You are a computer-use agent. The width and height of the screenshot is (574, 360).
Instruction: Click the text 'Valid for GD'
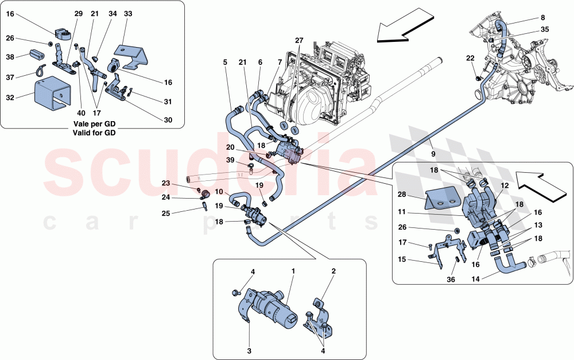pyautogui.click(x=94, y=133)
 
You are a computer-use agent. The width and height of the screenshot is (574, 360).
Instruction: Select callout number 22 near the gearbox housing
pyautogui.click(x=470, y=58)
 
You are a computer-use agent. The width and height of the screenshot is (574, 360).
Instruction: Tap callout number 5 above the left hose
pyautogui.click(x=226, y=62)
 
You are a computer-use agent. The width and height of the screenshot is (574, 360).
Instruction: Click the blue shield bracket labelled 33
pyautogui.click(x=135, y=54)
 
